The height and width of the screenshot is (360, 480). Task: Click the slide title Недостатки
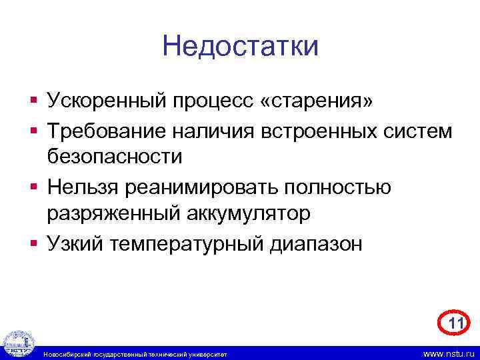coord(240,47)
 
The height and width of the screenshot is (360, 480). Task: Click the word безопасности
coord(114,157)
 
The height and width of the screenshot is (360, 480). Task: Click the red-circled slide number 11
coord(455,324)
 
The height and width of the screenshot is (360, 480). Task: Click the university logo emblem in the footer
coord(18,344)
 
